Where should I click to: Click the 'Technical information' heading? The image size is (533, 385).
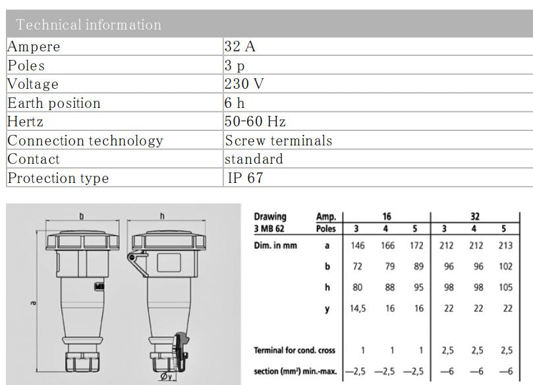tap(88, 25)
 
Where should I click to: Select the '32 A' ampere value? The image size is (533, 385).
tap(241, 47)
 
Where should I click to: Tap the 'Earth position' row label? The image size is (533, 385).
tap(54, 103)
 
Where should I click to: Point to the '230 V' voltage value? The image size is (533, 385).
tap(246, 84)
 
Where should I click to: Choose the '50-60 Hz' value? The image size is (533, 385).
tap(255, 122)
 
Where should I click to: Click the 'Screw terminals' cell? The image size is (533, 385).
tap(279, 141)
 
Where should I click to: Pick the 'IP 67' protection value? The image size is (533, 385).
tap(246, 178)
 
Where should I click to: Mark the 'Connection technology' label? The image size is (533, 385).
tap(85, 141)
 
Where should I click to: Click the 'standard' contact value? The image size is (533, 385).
tap(254, 159)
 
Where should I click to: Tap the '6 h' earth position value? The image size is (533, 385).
tap(235, 103)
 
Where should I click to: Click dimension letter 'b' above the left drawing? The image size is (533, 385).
tap(82, 215)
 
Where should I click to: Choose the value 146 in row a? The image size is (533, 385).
tap(358, 245)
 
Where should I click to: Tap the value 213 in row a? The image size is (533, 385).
tap(505, 245)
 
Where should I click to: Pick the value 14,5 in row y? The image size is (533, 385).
tap(358, 309)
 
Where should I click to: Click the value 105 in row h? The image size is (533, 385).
tap(505, 287)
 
